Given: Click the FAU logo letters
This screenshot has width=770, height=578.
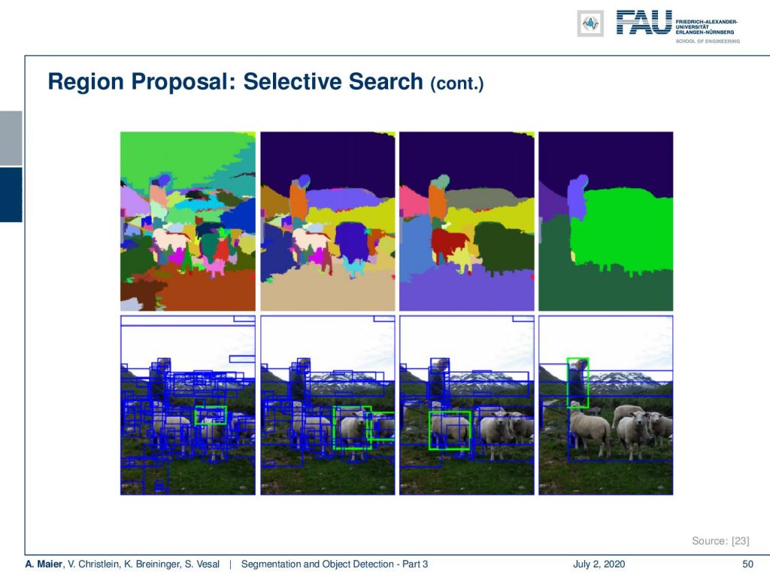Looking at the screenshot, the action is tap(644, 23).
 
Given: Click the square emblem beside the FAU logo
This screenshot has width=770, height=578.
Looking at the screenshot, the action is tap(590, 23).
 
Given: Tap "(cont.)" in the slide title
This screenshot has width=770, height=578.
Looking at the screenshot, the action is tap(456, 84).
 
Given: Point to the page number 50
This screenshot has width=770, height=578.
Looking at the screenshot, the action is tap(747, 564).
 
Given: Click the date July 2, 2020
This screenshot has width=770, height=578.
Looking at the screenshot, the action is tap(599, 564).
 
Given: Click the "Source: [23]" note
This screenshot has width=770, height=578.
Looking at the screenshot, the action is tap(720, 540).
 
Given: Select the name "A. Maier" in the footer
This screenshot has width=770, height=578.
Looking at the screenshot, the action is tap(44, 564).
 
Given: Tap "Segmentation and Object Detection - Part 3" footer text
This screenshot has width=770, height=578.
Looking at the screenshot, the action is tap(335, 564).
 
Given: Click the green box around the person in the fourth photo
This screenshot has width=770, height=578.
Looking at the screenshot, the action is tap(568, 383).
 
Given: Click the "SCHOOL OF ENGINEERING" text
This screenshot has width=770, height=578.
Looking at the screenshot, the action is tap(707, 41).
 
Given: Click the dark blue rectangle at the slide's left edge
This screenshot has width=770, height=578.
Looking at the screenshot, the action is tap(11, 195).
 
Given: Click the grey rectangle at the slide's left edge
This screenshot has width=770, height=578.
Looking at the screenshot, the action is tap(11, 138).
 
